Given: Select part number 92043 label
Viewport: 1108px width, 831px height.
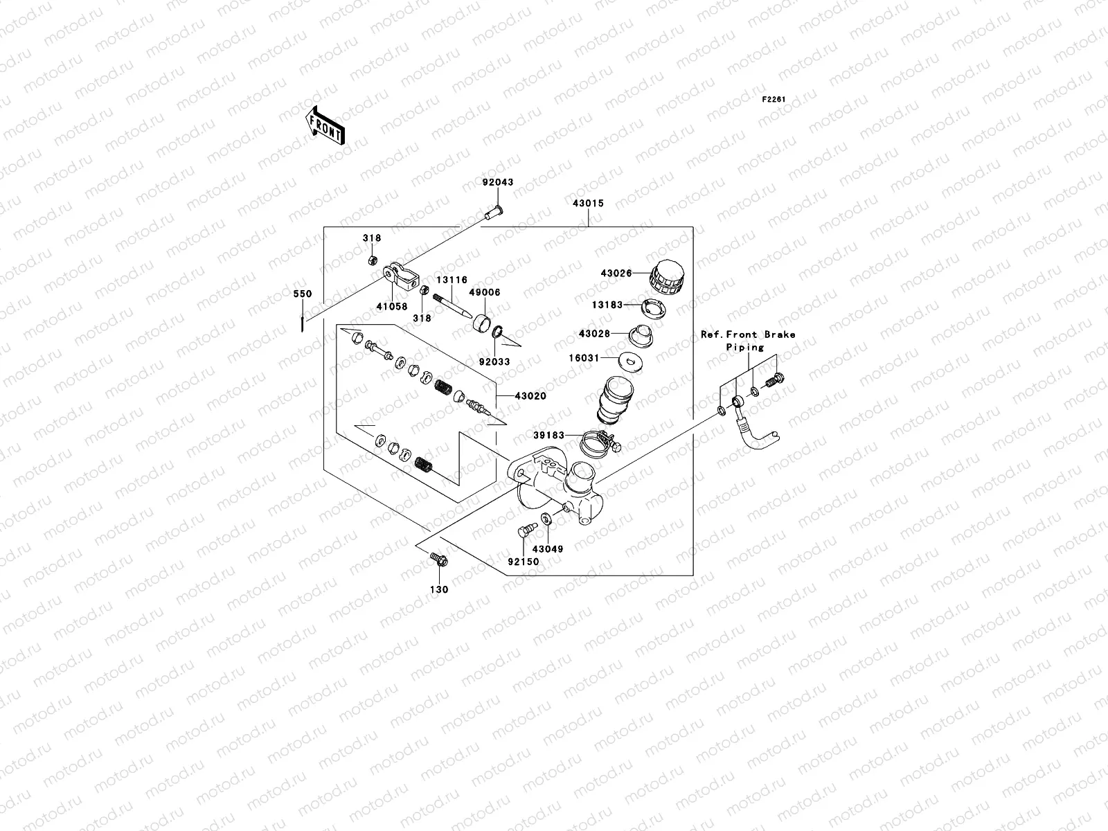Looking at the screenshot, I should tap(498, 183).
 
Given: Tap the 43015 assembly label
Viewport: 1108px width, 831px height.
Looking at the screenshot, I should tap(588, 204).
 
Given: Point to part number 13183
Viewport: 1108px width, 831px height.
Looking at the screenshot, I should tap(608, 305).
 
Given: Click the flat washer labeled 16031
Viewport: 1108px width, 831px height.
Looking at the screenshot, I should tap(630, 359).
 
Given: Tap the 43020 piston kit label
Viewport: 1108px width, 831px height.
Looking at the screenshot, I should tap(530, 396).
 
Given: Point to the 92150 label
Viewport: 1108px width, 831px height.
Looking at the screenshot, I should tap(523, 562).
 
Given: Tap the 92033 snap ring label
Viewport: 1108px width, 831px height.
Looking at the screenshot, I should tap(494, 361).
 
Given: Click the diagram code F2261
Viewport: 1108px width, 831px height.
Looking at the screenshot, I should tap(774, 100).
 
